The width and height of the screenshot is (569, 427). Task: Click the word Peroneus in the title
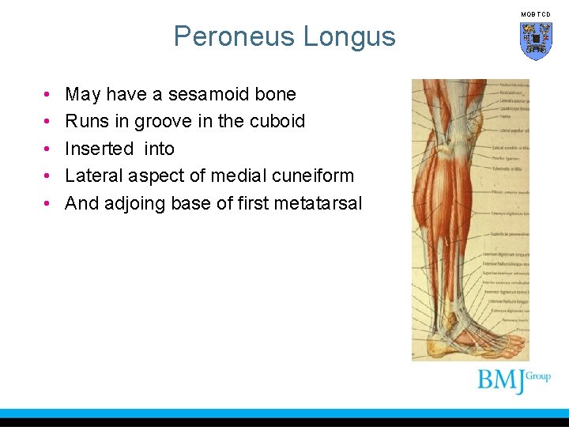pyautogui.click(x=228, y=36)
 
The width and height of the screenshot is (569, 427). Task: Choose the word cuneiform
pyautogui.click(x=310, y=176)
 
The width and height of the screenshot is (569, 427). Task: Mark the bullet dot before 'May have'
pyautogui.click(x=48, y=95)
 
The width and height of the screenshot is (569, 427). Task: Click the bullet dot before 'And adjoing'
pyautogui.click(x=48, y=204)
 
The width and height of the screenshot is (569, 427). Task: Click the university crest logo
pyautogui.click(x=535, y=40)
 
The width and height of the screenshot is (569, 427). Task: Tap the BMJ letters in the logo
pyautogui.click(x=501, y=381)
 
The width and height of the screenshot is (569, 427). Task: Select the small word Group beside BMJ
pyautogui.click(x=538, y=376)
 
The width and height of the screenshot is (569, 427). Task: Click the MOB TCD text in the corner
pyautogui.click(x=535, y=14)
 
